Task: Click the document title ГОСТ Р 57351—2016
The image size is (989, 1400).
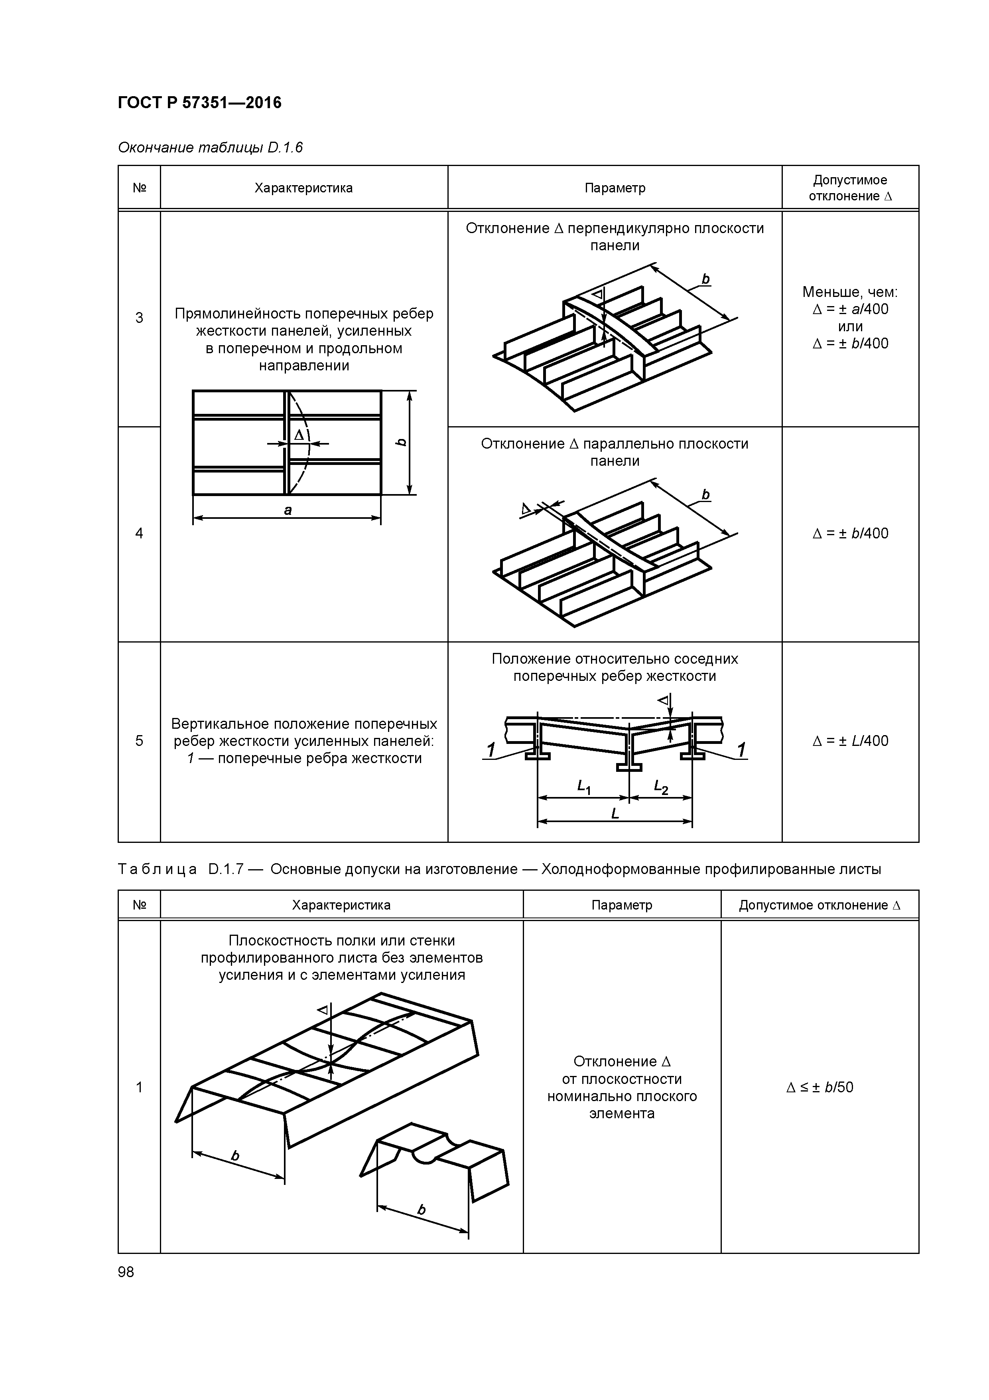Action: (x=199, y=103)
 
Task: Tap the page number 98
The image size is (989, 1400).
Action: (x=126, y=1272)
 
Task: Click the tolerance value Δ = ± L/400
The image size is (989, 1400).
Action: (x=850, y=741)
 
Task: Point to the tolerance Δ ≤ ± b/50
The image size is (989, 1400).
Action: (x=820, y=1087)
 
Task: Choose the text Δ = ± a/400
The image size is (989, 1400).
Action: (x=850, y=309)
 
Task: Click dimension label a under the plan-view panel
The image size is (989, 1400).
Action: (x=288, y=510)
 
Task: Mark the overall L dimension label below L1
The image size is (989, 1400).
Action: (x=615, y=813)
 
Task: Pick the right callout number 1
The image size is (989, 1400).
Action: (x=741, y=750)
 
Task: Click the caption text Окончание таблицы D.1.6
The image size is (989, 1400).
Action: (x=210, y=148)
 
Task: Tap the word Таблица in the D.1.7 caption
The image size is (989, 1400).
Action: (x=157, y=869)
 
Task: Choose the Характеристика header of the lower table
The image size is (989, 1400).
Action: (x=341, y=905)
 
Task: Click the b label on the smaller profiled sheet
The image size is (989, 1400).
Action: (x=422, y=1210)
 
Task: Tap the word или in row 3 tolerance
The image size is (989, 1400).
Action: (x=850, y=326)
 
